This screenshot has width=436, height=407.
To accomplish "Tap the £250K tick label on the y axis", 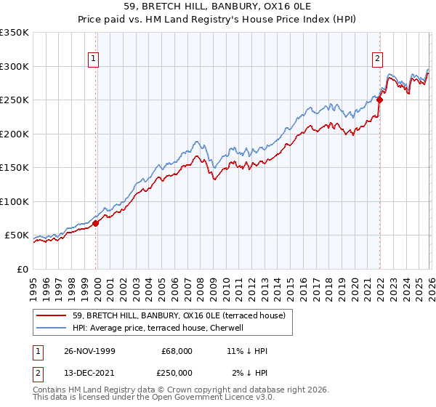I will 15,100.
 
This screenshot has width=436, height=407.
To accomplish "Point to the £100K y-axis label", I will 15,201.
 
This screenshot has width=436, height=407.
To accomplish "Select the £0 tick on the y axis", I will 22,269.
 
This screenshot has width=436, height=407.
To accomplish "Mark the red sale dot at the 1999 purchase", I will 96,223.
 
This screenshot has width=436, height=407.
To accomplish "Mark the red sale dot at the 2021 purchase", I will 379,100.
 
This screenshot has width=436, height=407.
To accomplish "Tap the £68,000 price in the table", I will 177,351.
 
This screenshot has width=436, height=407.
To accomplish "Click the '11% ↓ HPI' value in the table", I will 247,351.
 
